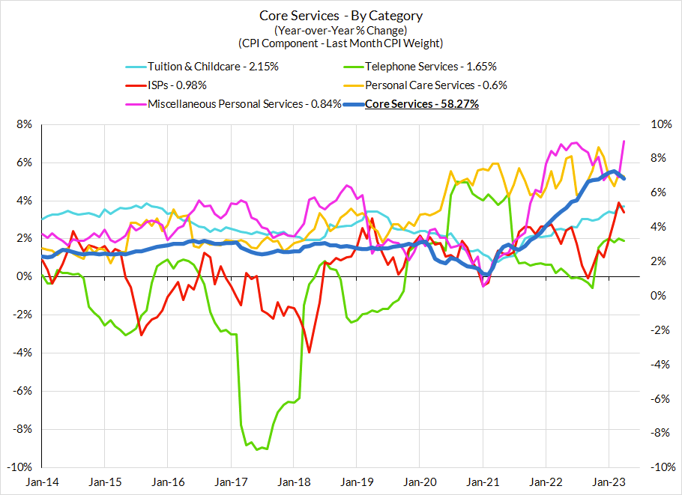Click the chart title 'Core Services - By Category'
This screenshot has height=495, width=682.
click(x=341, y=16)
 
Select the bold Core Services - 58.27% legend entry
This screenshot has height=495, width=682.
click(x=421, y=104)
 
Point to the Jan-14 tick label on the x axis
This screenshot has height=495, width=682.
click(x=43, y=484)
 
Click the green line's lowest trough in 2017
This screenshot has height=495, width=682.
click(x=257, y=449)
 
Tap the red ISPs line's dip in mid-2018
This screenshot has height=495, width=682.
click(x=309, y=352)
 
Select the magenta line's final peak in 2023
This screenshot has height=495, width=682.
click(x=624, y=142)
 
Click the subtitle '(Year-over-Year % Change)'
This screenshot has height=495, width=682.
click(x=341, y=30)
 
